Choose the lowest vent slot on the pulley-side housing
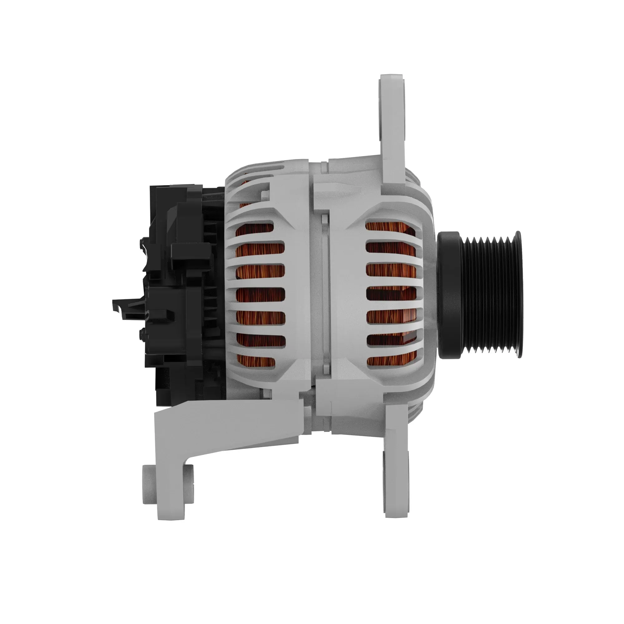[392, 361]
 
